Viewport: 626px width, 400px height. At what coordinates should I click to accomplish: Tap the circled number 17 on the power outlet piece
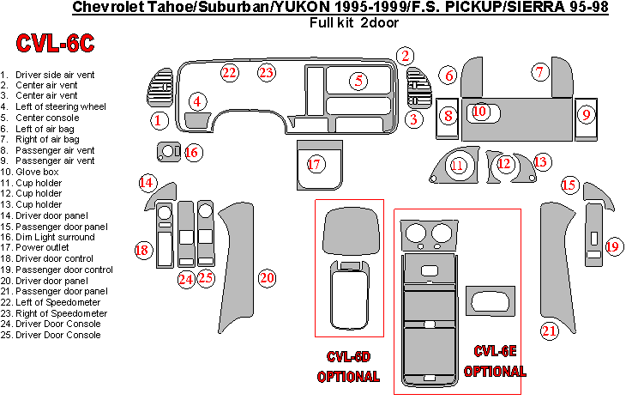click(315, 165)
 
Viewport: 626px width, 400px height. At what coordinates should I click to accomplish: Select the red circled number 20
click(268, 277)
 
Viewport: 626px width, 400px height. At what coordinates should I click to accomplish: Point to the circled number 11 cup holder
click(459, 165)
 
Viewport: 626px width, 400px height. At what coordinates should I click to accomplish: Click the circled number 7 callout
click(539, 72)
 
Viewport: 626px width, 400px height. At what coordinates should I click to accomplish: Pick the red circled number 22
click(229, 72)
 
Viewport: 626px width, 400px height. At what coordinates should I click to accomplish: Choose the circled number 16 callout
click(191, 153)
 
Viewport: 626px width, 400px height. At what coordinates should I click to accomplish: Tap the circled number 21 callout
click(549, 329)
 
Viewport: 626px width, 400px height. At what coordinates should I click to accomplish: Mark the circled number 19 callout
click(612, 247)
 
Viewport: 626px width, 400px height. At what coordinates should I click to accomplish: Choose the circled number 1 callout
click(158, 120)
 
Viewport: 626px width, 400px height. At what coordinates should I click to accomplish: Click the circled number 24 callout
click(186, 278)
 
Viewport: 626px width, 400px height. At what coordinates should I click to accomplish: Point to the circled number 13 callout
click(540, 161)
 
